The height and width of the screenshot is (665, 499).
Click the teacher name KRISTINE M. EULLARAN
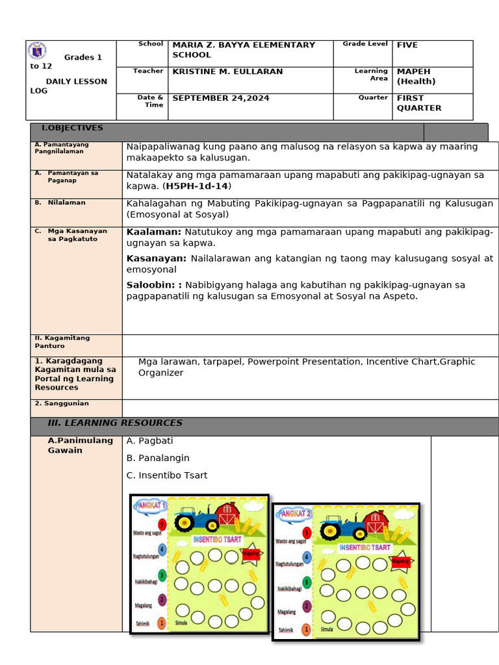click(x=227, y=72)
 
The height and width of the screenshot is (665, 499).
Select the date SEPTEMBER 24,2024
click(x=221, y=99)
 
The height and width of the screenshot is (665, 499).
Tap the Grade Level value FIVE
click(x=407, y=45)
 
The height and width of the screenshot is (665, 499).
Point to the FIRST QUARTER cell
click(x=419, y=103)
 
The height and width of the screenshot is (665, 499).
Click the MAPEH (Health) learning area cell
click(x=416, y=77)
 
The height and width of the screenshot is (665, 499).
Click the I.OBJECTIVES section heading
click(x=72, y=129)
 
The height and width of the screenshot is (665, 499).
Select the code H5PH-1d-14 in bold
click(x=198, y=186)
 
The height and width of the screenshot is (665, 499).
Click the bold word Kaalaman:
click(x=154, y=232)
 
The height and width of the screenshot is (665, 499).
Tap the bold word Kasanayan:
click(x=157, y=258)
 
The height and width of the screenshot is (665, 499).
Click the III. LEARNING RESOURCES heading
click(x=115, y=423)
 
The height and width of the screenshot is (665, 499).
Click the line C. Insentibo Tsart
click(x=167, y=476)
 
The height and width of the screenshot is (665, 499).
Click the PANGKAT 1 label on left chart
click(x=150, y=505)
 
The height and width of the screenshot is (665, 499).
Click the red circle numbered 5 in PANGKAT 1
click(x=162, y=524)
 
